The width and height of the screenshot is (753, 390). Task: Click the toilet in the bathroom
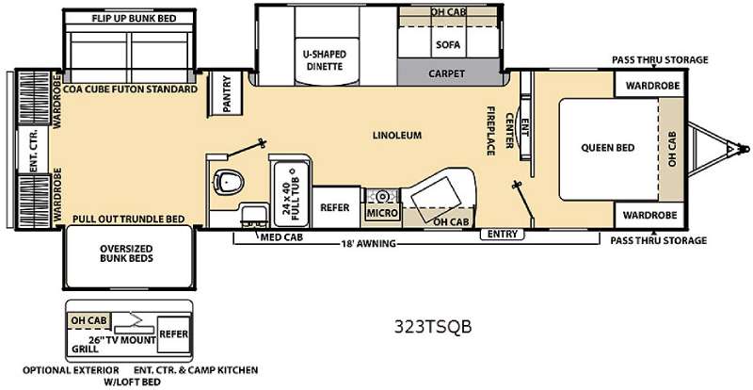229,182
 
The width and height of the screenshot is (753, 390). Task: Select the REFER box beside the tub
336,207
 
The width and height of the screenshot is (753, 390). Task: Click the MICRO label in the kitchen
382,213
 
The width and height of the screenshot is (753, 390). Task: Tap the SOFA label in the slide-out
448,44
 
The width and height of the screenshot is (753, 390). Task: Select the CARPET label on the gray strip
446,73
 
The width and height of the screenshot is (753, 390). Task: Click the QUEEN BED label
608,148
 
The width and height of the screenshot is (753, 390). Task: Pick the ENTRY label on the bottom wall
503,235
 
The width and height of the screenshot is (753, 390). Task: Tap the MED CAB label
281,237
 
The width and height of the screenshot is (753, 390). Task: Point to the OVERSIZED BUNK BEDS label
126,253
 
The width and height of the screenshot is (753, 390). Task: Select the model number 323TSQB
433,327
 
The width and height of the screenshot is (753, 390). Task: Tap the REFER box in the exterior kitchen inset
174,334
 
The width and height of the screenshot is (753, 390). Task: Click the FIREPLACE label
490,131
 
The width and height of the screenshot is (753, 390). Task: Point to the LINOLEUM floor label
397,135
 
